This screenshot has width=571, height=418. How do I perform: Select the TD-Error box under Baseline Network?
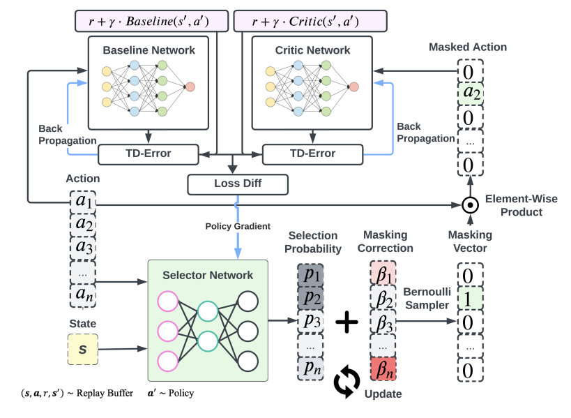tap(148, 153)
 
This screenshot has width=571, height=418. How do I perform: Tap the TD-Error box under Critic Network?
tap(312, 153)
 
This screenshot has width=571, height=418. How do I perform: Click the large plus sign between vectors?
tap(347, 322)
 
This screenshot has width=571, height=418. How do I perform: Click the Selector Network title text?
tap(208, 275)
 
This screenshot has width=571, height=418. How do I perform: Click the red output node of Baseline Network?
tap(190, 87)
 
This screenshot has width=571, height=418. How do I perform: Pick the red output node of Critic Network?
tap(353, 87)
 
